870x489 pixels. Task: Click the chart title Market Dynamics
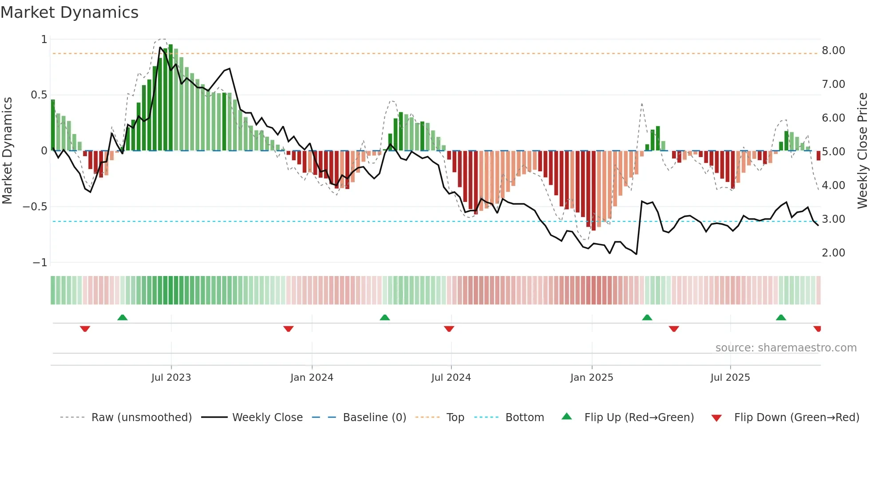(x=70, y=12)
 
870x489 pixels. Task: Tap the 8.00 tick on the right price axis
(x=833, y=51)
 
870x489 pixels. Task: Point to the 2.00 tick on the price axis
(x=833, y=253)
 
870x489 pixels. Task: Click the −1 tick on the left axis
(x=40, y=263)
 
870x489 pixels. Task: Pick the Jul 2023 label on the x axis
(x=171, y=378)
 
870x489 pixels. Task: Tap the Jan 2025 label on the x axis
(x=592, y=378)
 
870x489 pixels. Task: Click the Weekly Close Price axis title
(x=862, y=150)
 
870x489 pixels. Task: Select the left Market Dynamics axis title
(x=7, y=150)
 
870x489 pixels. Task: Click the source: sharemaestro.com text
(x=786, y=348)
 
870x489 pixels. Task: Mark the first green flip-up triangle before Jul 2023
(x=123, y=318)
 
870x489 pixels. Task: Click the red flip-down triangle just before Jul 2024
(x=449, y=329)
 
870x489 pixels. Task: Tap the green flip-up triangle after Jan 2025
(x=647, y=318)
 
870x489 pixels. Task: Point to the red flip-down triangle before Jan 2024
(x=289, y=329)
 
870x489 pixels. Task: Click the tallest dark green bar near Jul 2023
(x=171, y=98)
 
